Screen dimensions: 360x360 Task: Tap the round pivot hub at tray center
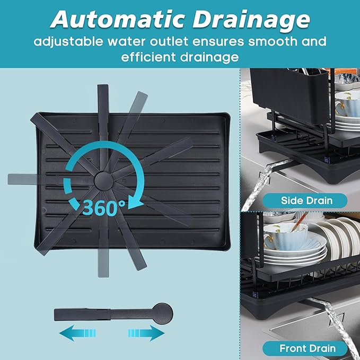103,180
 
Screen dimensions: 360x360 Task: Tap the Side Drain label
307,200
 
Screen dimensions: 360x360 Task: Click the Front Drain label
307,348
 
